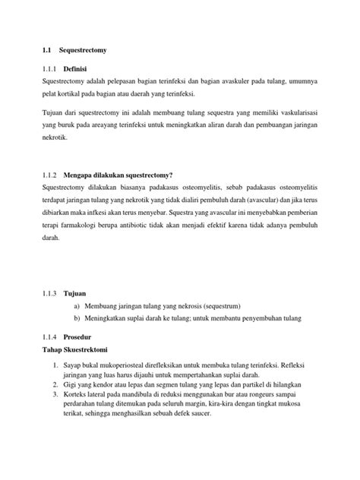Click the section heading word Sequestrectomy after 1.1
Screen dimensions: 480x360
point(83,50)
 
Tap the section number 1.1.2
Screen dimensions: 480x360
point(49,174)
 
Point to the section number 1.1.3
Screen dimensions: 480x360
point(49,292)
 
